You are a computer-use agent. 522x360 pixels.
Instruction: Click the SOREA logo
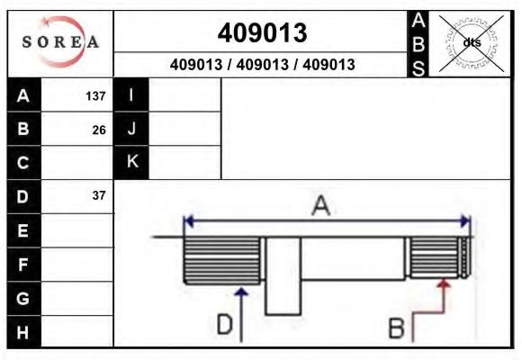(x=60, y=43)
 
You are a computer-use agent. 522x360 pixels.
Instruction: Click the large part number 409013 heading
(x=262, y=33)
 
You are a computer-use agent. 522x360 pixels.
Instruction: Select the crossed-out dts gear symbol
(x=470, y=42)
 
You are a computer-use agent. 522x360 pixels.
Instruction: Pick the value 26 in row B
(x=99, y=130)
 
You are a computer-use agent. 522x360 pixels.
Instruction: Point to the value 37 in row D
(x=99, y=195)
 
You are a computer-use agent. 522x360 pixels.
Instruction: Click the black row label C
(x=23, y=163)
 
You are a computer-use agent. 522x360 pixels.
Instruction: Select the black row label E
(x=23, y=230)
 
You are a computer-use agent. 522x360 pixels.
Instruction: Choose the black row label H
(x=23, y=331)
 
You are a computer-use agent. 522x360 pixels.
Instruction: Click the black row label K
(x=131, y=162)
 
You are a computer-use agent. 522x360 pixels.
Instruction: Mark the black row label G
(x=23, y=297)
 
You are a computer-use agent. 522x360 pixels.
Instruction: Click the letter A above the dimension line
(x=320, y=206)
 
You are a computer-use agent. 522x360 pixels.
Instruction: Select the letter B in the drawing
(x=396, y=328)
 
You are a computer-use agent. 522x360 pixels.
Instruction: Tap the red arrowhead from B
(x=443, y=284)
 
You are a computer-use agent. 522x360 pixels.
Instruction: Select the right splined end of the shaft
(x=437, y=257)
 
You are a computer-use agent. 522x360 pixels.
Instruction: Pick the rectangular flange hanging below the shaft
(x=283, y=277)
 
